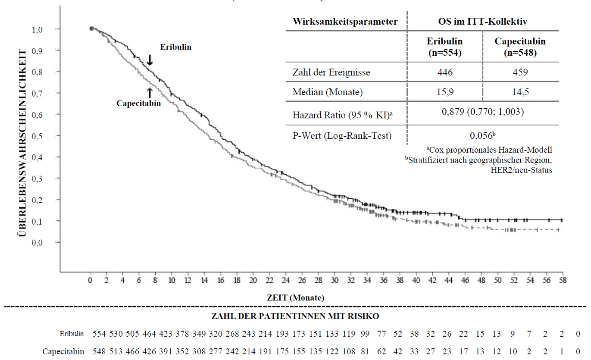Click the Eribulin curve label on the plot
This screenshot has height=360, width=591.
pyautogui.click(x=176, y=47)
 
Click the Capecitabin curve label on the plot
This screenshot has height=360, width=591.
pyautogui.click(x=139, y=103)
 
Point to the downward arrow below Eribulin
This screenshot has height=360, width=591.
pyautogui.click(x=150, y=60)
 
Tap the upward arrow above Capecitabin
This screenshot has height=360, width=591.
pyautogui.click(x=150, y=93)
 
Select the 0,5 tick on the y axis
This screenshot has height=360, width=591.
pyautogui.click(x=37, y=136)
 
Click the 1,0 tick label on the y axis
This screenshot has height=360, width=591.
pyautogui.click(x=37, y=30)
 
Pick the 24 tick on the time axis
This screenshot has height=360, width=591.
pyautogui.click(x=286, y=280)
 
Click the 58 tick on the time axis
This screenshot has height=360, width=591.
pyautogui.click(x=563, y=280)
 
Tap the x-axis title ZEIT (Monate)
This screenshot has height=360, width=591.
pyautogui.click(x=296, y=298)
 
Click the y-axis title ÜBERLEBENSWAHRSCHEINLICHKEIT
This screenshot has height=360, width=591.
pyautogui.click(x=23, y=143)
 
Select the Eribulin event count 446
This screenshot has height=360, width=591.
pyautogui.click(x=445, y=72)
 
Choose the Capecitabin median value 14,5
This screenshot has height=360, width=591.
pyautogui.click(x=520, y=92)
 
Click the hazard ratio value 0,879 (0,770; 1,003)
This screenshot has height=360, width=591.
pyautogui.click(x=483, y=112)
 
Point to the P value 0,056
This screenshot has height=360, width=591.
pyautogui.click(x=482, y=135)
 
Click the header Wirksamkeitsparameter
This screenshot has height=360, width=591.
pyautogui.click(x=345, y=21)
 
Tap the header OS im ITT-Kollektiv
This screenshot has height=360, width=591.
pyautogui.click(x=483, y=21)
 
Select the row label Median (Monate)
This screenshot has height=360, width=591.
pyautogui.click(x=328, y=92)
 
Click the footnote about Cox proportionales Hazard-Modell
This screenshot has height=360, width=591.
pyautogui.click(x=489, y=150)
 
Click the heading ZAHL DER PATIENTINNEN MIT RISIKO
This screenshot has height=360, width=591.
pyautogui.click(x=295, y=316)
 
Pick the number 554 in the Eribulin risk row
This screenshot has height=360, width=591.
pyautogui.click(x=99, y=334)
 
